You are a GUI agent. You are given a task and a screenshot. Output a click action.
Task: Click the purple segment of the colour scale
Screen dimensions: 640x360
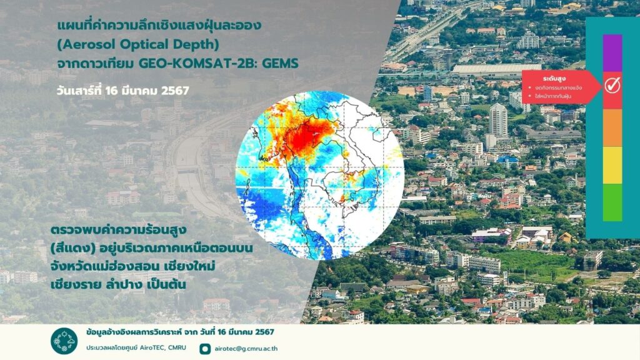tap(612, 53)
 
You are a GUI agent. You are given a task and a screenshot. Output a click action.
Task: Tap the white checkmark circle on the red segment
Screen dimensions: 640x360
tap(612, 85)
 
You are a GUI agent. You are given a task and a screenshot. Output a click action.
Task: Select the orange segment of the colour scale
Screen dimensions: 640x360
tap(612, 127)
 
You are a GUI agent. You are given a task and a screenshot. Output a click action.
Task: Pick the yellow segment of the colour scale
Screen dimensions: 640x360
tap(612, 165)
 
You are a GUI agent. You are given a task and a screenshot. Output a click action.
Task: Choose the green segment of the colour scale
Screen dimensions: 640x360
tap(612, 202)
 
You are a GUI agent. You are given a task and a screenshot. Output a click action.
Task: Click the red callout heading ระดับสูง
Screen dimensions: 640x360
tap(554, 78)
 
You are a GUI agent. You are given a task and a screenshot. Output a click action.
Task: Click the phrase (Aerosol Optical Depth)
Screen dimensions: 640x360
tap(138, 44)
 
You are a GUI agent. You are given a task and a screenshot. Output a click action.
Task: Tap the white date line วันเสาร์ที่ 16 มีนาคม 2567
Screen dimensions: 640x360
tap(123, 91)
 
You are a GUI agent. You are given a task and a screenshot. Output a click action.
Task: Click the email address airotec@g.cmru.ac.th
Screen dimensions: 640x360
tap(246, 349)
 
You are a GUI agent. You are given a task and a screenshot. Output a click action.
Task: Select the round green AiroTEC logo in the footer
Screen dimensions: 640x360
tap(64, 341)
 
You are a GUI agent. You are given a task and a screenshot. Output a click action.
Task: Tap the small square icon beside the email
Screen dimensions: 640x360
tap(205, 349)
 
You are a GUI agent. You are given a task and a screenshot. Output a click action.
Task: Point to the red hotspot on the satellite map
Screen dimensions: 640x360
tap(307, 137)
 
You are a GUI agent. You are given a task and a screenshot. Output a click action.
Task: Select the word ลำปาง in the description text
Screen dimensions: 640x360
tap(120, 284)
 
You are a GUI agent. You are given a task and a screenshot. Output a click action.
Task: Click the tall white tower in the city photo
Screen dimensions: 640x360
tap(498, 119)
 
